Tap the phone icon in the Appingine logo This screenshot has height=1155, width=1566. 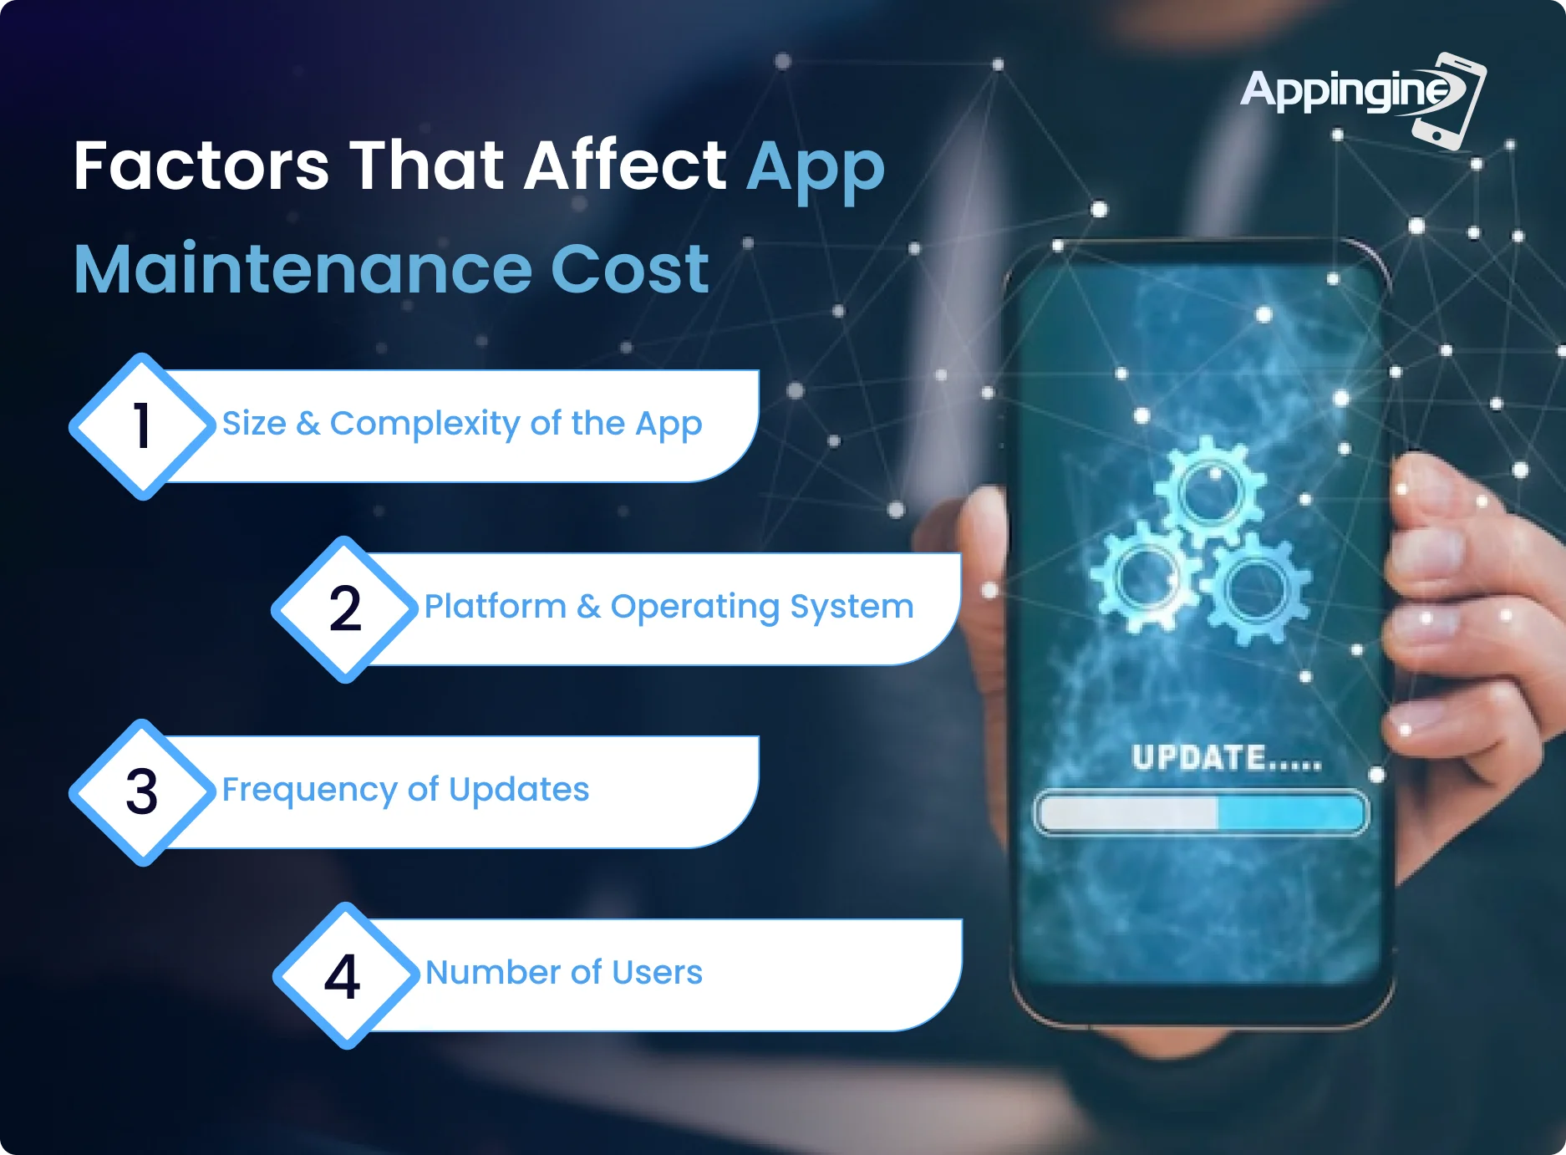[1451, 101]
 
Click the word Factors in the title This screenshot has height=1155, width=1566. [201, 165]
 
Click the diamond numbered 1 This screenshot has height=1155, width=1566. [143, 426]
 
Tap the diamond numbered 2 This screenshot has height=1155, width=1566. [345, 609]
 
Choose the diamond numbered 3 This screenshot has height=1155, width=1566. [143, 792]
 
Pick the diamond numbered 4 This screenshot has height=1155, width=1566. [345, 975]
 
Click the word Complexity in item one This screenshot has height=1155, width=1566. [425, 425]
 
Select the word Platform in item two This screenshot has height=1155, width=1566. [496, 606]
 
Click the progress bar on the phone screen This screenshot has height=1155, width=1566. [1201, 812]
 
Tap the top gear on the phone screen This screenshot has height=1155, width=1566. [1210, 492]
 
